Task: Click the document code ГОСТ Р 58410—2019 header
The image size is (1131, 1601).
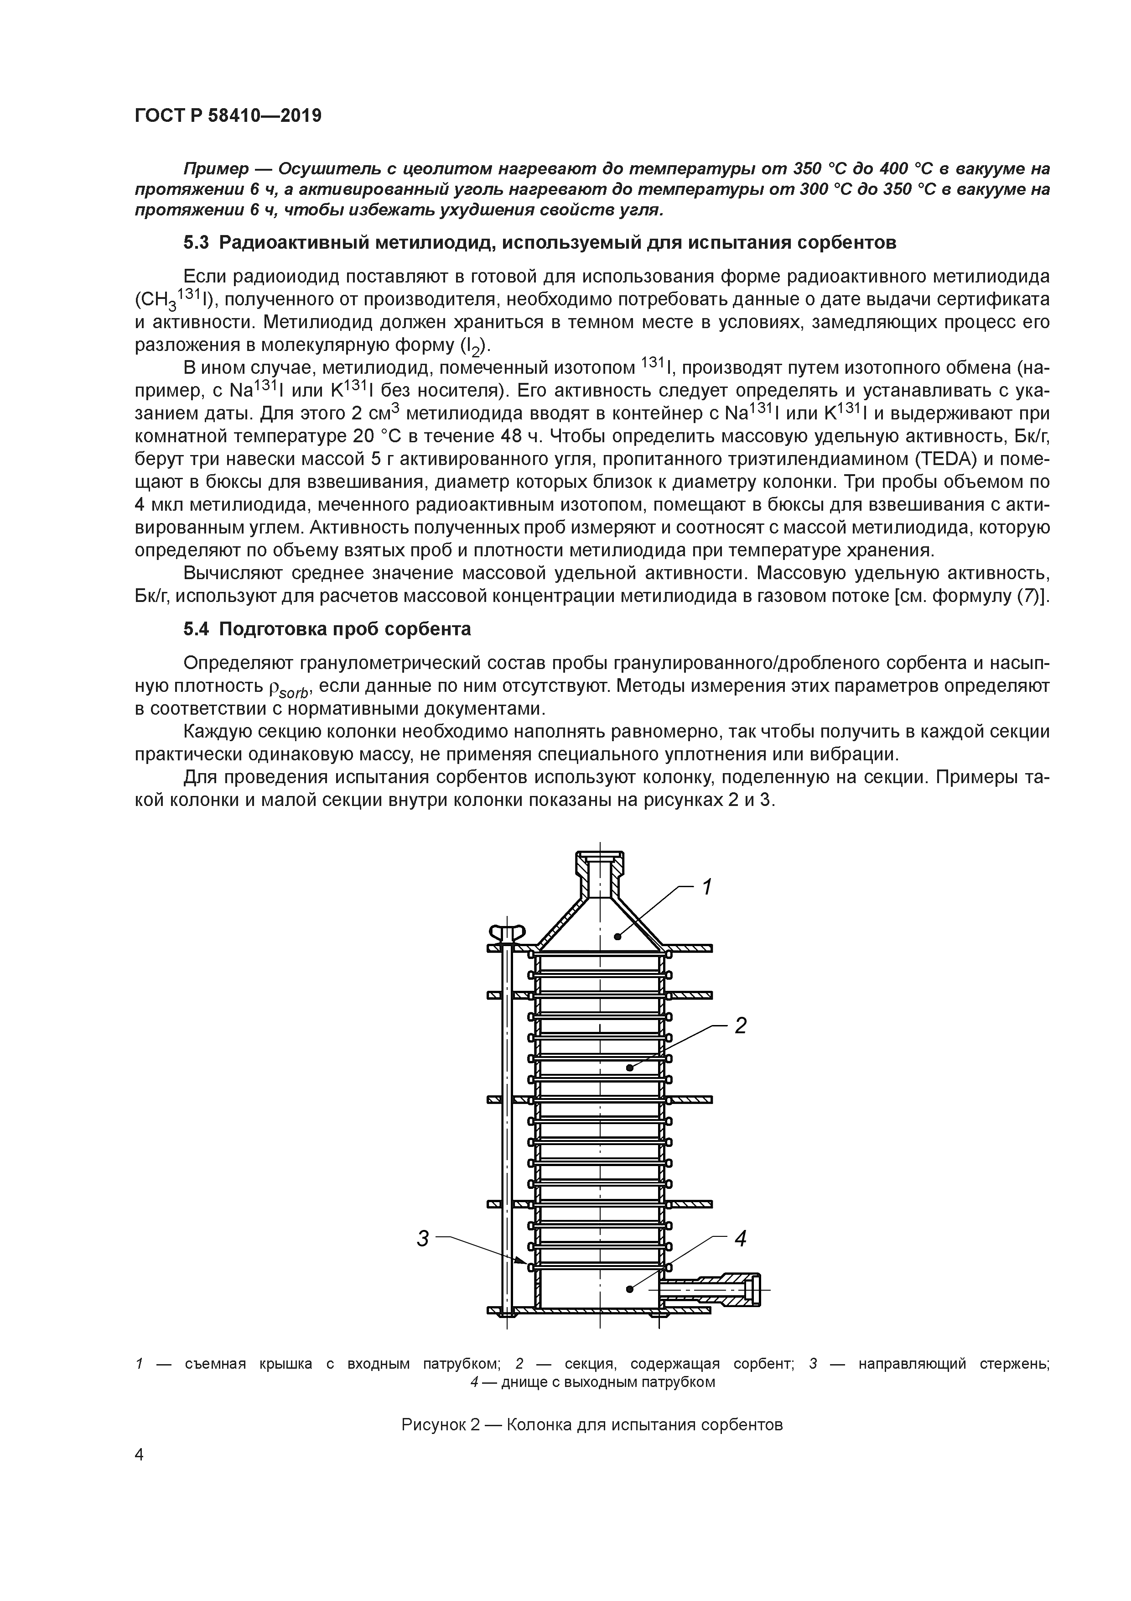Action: tap(228, 116)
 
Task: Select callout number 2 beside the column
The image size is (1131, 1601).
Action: tap(740, 1026)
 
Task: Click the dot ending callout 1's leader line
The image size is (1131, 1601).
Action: tap(617, 937)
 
